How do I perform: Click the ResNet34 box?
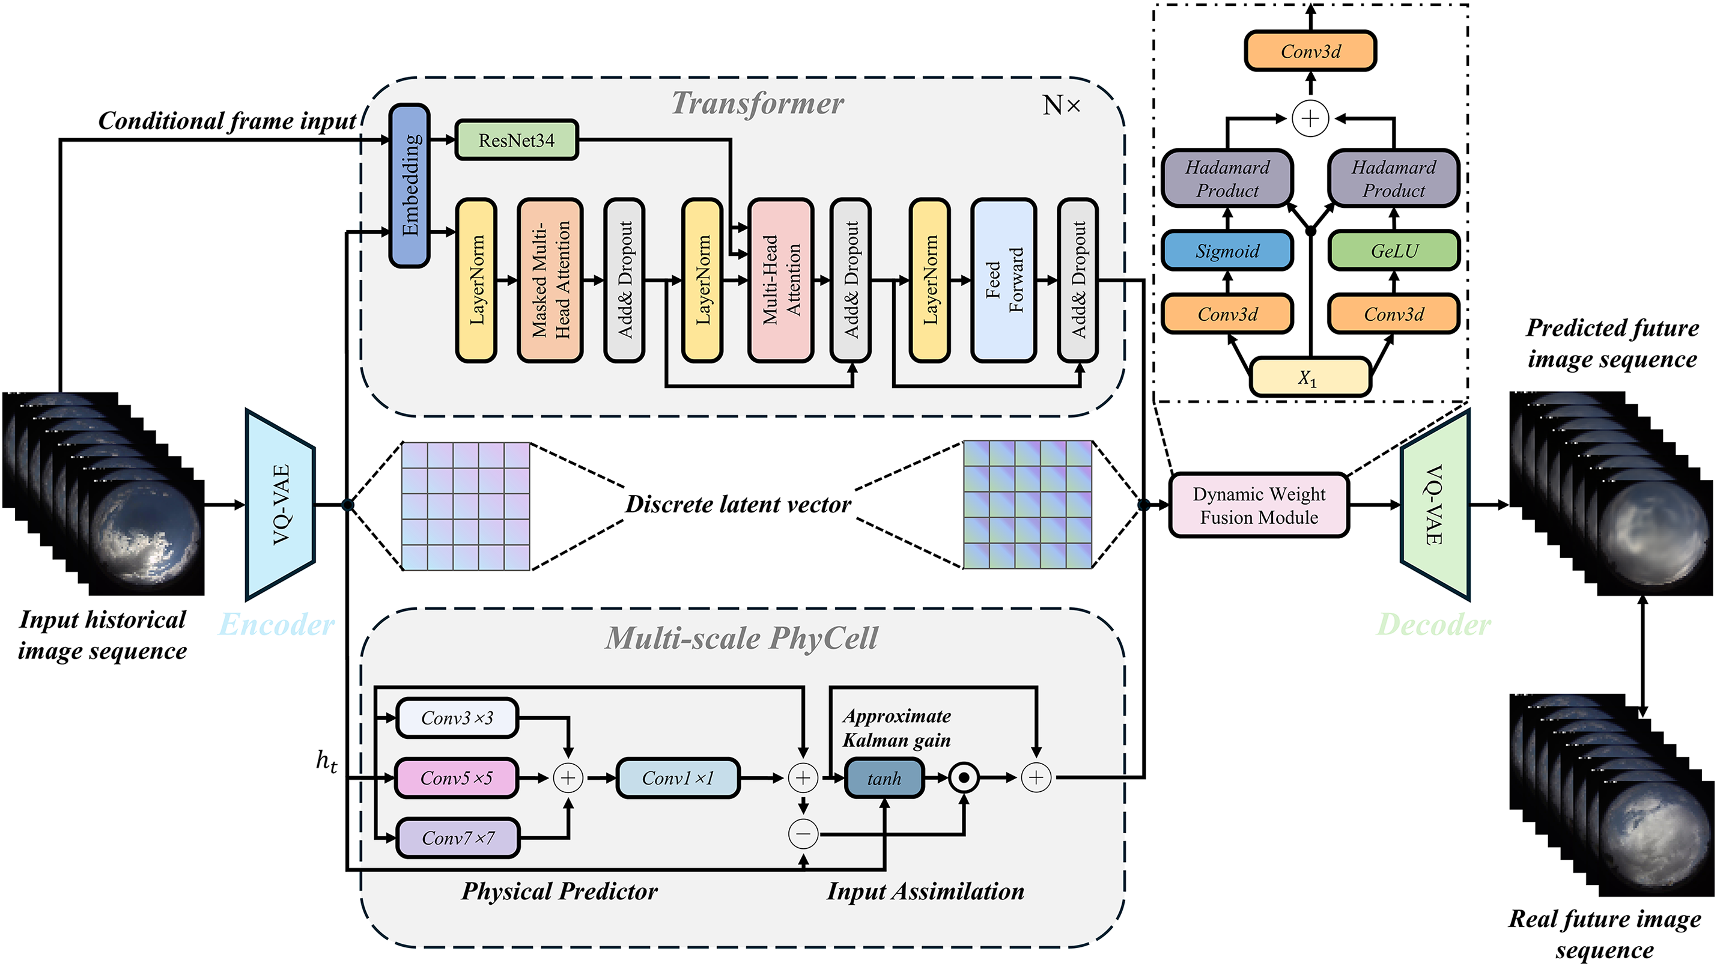tap(516, 140)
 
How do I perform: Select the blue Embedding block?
tap(409, 186)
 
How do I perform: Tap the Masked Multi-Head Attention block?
tap(550, 280)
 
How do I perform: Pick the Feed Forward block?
tap(1004, 280)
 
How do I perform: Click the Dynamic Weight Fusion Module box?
tap(1259, 505)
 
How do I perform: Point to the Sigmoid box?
tap(1227, 251)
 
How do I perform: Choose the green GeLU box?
tap(1394, 251)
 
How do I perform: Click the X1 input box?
tap(1310, 377)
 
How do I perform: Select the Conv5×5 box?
tap(457, 778)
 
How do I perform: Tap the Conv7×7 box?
tap(458, 838)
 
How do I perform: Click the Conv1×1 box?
tap(678, 778)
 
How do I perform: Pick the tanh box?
tap(884, 778)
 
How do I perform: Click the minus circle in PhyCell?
tap(803, 833)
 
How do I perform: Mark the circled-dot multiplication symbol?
tap(963, 777)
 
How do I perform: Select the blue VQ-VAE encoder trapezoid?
tap(281, 505)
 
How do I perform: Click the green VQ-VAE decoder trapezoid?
tap(1435, 505)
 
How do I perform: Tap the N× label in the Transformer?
tap(1061, 105)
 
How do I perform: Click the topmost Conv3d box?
tap(1310, 51)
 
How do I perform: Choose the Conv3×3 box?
tap(457, 718)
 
